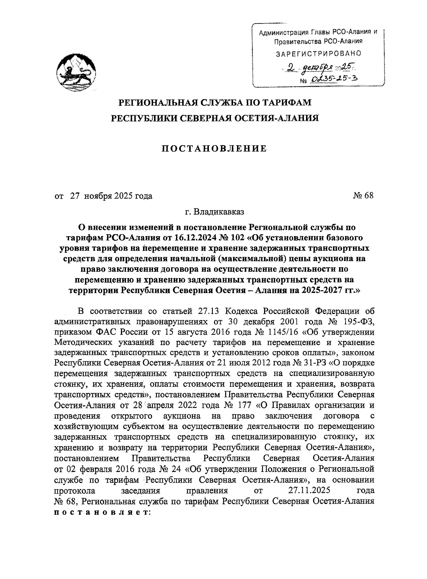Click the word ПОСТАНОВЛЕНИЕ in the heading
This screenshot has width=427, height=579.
pyautogui.click(x=214, y=148)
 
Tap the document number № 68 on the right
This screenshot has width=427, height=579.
pyautogui.click(x=363, y=196)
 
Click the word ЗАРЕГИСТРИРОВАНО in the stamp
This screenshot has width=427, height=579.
pyautogui.click(x=318, y=54)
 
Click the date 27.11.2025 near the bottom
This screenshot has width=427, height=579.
pyautogui.click(x=308, y=491)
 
